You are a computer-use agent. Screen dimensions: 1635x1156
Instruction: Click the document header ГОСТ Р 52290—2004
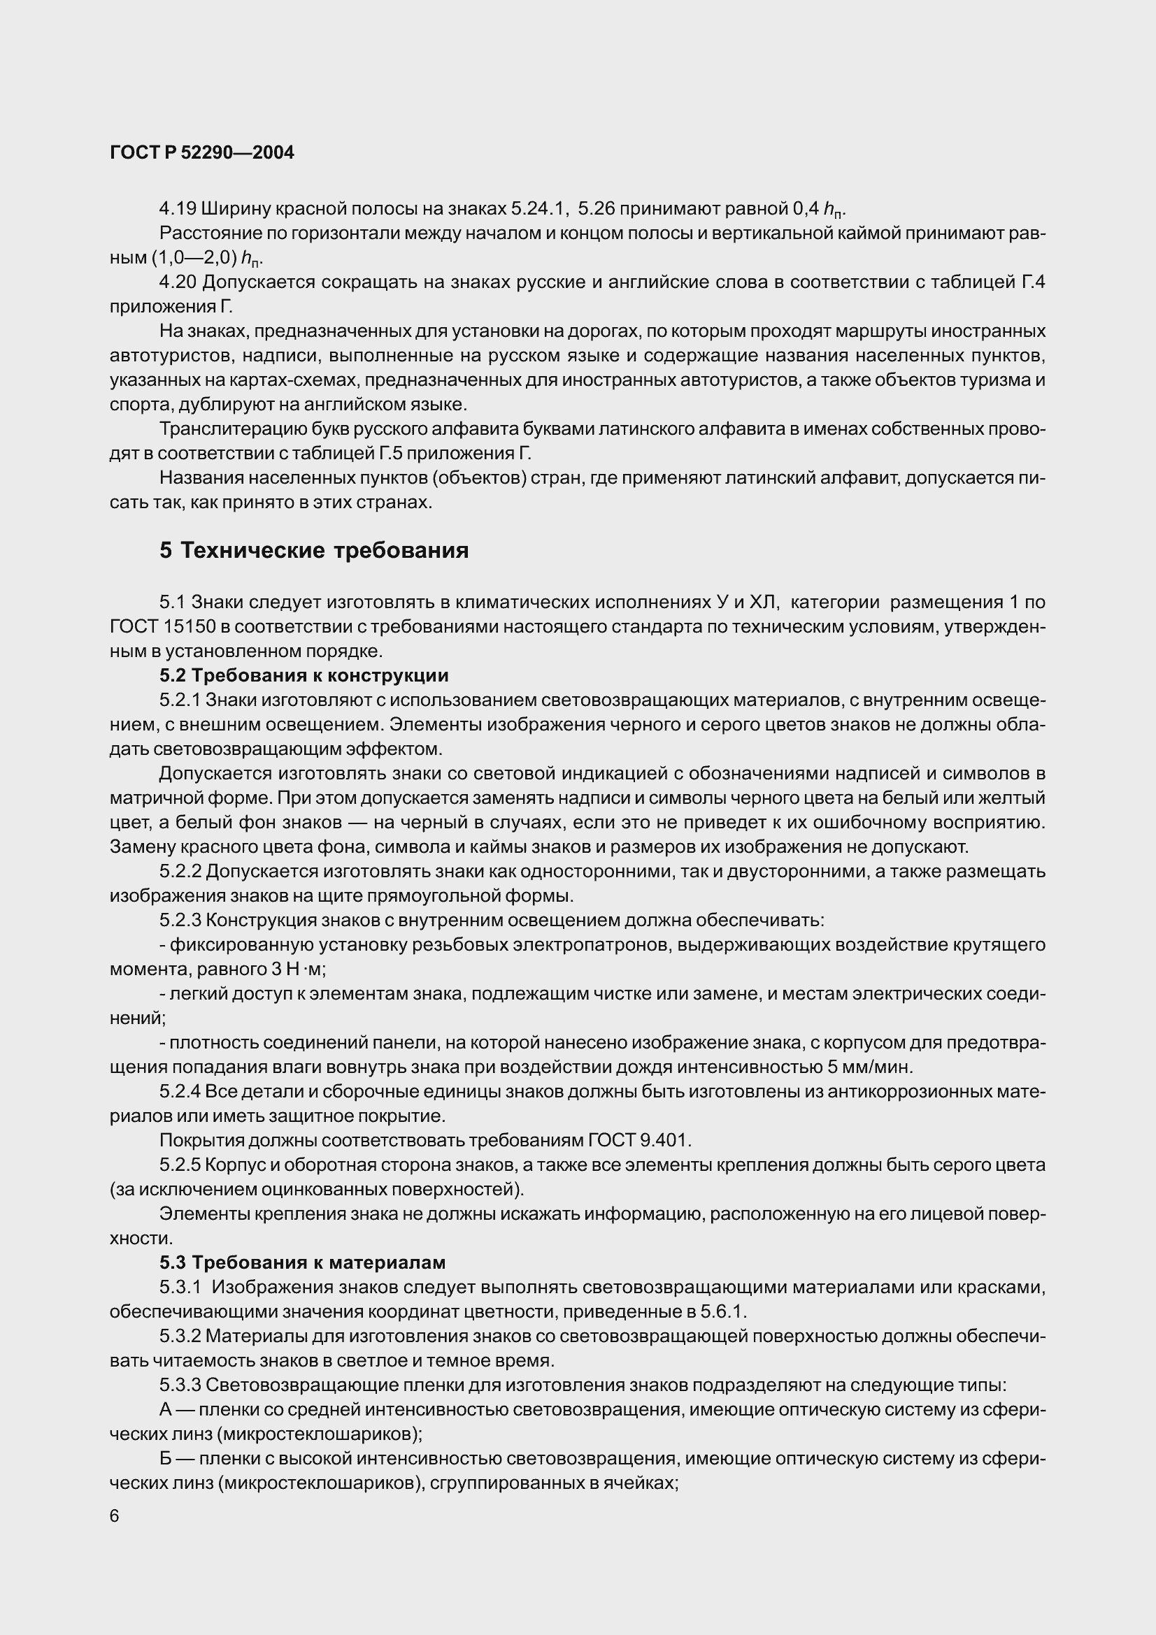tap(201, 152)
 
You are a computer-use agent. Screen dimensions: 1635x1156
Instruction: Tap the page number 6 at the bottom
tap(115, 1515)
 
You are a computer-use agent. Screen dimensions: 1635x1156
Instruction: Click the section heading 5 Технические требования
tap(314, 550)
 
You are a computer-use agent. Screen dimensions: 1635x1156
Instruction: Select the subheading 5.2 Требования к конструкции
tap(304, 675)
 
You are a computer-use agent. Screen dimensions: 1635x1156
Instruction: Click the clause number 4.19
tap(178, 208)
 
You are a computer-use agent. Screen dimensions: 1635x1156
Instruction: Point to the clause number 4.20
tap(178, 282)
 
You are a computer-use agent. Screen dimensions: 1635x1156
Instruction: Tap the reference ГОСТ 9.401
tap(639, 1140)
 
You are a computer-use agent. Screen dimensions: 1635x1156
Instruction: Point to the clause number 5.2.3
tap(180, 920)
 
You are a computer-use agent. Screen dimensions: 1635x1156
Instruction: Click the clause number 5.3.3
tap(180, 1385)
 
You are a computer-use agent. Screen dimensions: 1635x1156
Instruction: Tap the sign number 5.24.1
tap(538, 208)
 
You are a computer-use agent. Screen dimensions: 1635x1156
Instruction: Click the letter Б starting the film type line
tap(165, 1459)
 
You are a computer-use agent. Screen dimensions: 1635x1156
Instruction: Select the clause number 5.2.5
tap(180, 1165)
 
